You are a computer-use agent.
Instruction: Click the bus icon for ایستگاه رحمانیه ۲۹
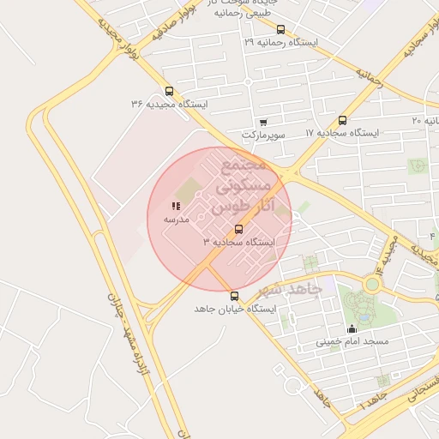[280, 29]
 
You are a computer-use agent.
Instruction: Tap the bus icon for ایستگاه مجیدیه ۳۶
[169, 90]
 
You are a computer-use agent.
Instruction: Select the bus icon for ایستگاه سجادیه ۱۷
[343, 120]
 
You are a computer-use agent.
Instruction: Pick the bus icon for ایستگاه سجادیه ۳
[238, 229]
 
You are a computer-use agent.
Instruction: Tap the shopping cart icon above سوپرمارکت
[262, 122]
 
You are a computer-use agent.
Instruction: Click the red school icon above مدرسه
[176, 207]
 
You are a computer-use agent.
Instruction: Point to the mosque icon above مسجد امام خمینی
[351, 328]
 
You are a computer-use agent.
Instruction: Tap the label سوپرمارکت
[262, 135]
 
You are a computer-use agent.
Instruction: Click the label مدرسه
[176, 219]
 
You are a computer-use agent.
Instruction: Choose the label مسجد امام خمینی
[352, 341]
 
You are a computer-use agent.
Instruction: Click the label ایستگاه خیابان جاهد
[235, 309]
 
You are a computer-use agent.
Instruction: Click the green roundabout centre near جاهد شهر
[373, 284]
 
